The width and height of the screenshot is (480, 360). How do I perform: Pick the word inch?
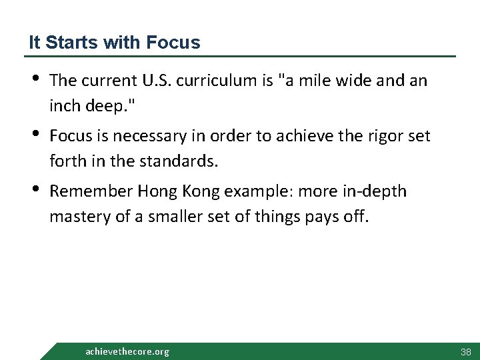(63, 106)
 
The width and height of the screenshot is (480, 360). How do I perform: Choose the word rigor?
(383, 136)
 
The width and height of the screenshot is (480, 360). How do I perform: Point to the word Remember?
(91, 192)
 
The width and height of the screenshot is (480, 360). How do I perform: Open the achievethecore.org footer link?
(127, 351)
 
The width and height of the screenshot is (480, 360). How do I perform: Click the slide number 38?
(465, 351)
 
